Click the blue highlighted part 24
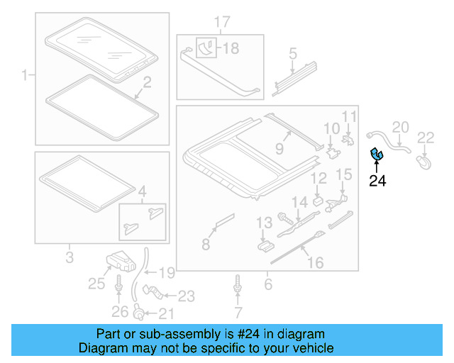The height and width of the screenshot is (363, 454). [x=375, y=153]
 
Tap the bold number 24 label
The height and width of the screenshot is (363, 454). [x=377, y=181]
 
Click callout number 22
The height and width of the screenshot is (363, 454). [x=426, y=138]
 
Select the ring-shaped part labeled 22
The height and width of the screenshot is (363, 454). [x=425, y=163]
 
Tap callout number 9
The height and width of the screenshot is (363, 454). [x=279, y=150]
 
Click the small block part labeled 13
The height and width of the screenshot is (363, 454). [x=265, y=245]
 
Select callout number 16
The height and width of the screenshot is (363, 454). [x=314, y=263]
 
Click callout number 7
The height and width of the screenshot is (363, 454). [x=238, y=312]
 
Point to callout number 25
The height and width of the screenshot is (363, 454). [x=96, y=284]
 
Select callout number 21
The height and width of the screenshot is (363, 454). [x=165, y=314]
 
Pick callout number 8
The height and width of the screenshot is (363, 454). [x=206, y=244]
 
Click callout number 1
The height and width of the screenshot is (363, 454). [x=26, y=74]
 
